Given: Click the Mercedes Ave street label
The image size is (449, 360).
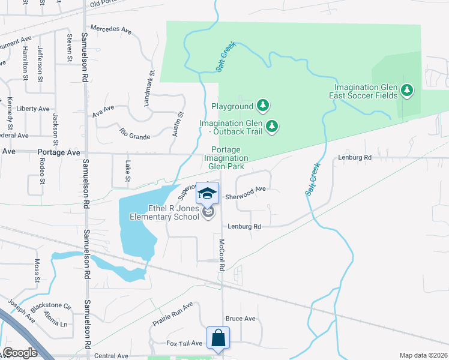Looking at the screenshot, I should pos(110,29).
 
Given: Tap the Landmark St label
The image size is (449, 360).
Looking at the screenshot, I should pos(148,89).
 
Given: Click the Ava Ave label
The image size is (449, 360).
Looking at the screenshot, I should pos(103,109).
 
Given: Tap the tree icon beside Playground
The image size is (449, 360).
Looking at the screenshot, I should pos(262,106).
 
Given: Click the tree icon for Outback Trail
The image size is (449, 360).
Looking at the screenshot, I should pos(272,125).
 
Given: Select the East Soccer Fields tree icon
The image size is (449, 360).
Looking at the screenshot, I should pos(408,91).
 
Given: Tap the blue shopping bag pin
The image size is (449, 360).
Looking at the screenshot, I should pos(217,338).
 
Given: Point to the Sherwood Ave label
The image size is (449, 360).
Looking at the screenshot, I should pos(245,188).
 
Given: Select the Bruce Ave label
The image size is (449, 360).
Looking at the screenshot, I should pos(240,319).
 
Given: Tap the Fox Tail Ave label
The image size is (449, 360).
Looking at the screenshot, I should pos(184,343).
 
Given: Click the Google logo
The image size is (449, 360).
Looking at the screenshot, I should pos(20,353).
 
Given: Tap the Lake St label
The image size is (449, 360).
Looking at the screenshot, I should pos(127,170).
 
